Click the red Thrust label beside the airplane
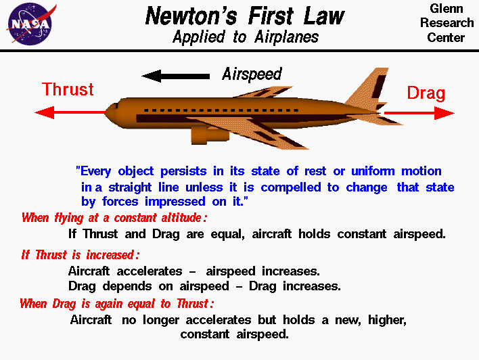[x=68, y=90]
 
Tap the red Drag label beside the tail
[x=426, y=93]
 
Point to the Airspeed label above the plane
[x=252, y=74]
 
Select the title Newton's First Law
[x=245, y=16]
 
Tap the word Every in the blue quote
[x=99, y=171]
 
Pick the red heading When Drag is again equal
[x=116, y=303]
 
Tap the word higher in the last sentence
[x=387, y=319]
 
